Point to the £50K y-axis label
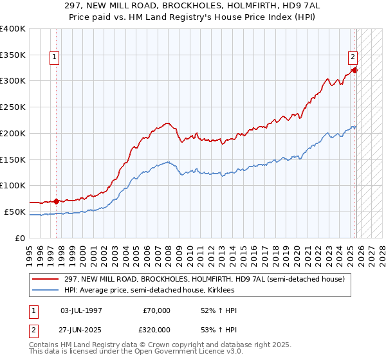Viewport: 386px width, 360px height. [14, 212]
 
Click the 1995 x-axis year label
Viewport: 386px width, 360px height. [29, 251]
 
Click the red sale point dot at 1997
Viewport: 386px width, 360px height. [56, 201]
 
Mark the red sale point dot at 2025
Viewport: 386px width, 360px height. [355, 70]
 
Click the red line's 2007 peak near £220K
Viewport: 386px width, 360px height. [167, 122]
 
